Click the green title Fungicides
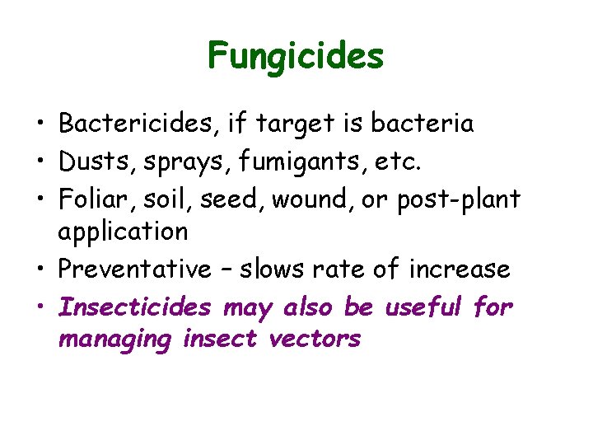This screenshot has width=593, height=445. click(296, 56)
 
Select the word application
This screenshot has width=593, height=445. click(123, 232)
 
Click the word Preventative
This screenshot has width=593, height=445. click(135, 269)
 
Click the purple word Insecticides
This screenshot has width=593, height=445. click(135, 307)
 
